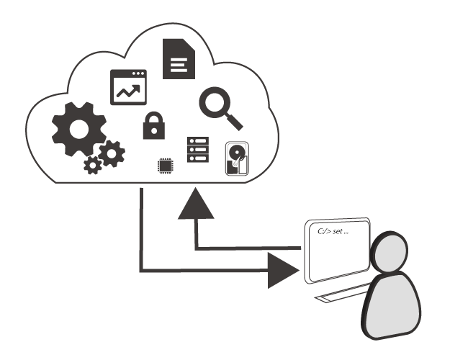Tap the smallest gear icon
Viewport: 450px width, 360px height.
tap(92, 166)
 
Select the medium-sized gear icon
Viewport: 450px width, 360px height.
tap(111, 153)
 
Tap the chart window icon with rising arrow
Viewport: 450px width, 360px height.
tap(127, 87)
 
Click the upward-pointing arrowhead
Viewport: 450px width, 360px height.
tap(197, 204)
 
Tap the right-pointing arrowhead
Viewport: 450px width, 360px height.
tap(282, 271)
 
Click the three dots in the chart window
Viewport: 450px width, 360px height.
tap(138, 74)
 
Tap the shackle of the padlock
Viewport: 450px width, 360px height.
tap(153, 117)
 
